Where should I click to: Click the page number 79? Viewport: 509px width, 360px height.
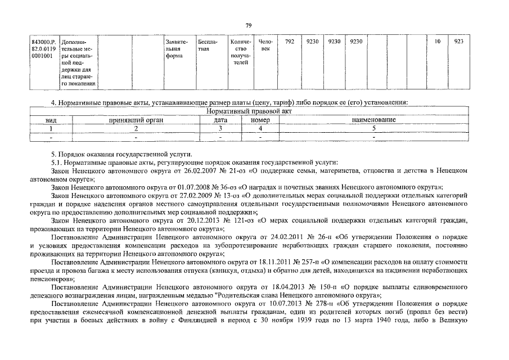click(249, 25)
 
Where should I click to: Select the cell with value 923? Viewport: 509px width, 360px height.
click(458, 42)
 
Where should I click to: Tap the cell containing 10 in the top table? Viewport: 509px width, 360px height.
click(438, 42)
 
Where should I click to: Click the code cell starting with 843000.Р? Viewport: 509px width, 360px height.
click(44, 49)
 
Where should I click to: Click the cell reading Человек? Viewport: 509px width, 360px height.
click(265, 46)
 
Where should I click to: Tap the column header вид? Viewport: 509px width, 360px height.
click(51, 120)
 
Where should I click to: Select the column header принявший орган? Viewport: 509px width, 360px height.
click(135, 120)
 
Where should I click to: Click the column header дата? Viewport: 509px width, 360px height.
click(220, 120)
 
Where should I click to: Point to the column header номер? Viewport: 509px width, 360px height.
click(260, 120)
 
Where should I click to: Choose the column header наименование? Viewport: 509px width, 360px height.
click(373, 120)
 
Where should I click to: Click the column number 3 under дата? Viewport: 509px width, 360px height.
click(220, 128)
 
